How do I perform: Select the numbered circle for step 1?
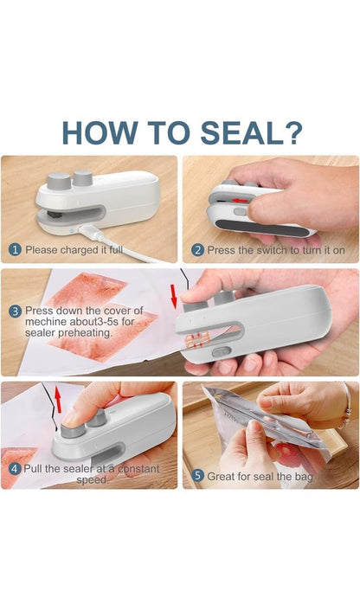coord(15,250)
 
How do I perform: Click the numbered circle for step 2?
coord(197,250)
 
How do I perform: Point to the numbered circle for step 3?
coord(15,310)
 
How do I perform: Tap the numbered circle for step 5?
coord(197,475)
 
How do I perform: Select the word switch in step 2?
coord(276,250)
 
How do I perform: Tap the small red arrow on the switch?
coord(239,201)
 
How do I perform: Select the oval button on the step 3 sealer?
coord(222,353)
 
